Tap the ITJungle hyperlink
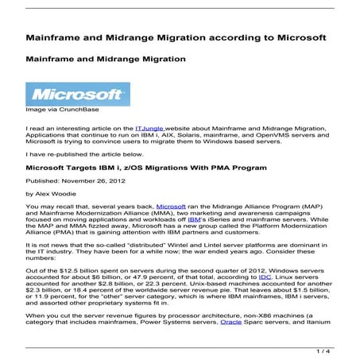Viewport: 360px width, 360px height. coord(150,127)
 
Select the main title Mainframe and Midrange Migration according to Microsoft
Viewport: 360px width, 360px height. coord(176,38)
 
